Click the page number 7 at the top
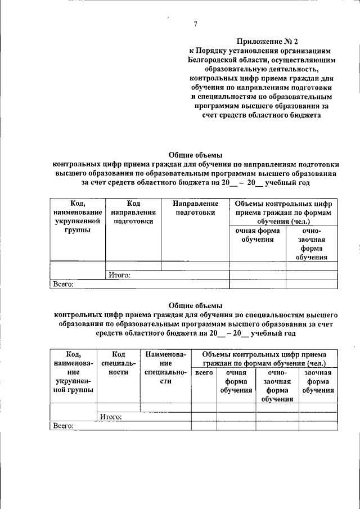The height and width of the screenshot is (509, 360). point(195,24)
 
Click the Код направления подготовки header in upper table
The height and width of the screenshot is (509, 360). point(133,212)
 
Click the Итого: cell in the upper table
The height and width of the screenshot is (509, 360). point(119,275)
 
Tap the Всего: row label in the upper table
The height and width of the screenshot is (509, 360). point(64,285)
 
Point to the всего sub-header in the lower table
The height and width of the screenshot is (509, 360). point(204,372)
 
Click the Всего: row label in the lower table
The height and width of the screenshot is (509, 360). point(64,426)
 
